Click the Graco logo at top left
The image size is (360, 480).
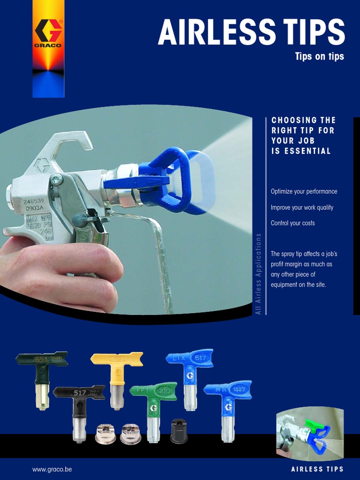pyautogui.click(x=48, y=33)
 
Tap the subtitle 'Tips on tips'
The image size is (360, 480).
pyautogui.click(x=319, y=57)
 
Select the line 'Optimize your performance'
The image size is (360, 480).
pyautogui.click(x=304, y=192)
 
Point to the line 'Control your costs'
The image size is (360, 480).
pyautogui.click(x=292, y=223)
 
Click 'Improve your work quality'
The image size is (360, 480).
pyautogui.click(x=302, y=207)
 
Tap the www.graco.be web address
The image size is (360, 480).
pyautogui.click(x=52, y=469)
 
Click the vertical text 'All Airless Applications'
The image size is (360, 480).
pyautogui.click(x=258, y=279)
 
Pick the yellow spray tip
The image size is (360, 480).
pyautogui.click(x=116, y=375)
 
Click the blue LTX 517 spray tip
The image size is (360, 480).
pyautogui.click(x=189, y=375)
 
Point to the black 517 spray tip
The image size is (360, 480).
pyautogui.click(x=79, y=408)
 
